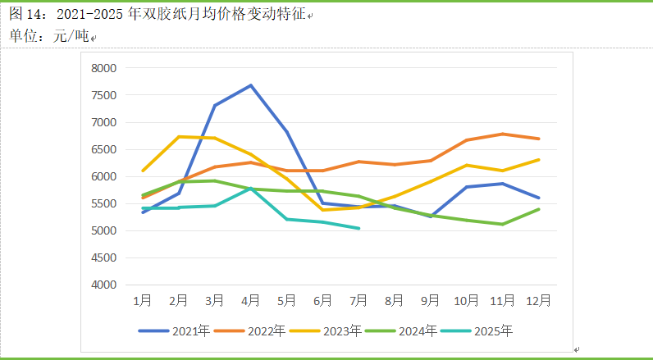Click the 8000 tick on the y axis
click(x=104, y=68)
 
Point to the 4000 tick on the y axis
click(x=104, y=285)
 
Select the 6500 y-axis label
click(x=104, y=149)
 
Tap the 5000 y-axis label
click(x=104, y=230)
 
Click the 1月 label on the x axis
click(x=143, y=301)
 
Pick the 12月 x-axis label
click(x=538, y=301)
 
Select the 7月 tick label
click(x=358, y=301)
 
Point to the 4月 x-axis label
click(x=251, y=301)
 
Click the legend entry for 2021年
click(x=176, y=331)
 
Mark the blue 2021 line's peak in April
click(x=251, y=85)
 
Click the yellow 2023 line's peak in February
click(x=179, y=136)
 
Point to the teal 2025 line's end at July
click(x=358, y=228)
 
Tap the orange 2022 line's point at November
click(x=502, y=134)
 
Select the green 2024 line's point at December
click(x=538, y=209)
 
